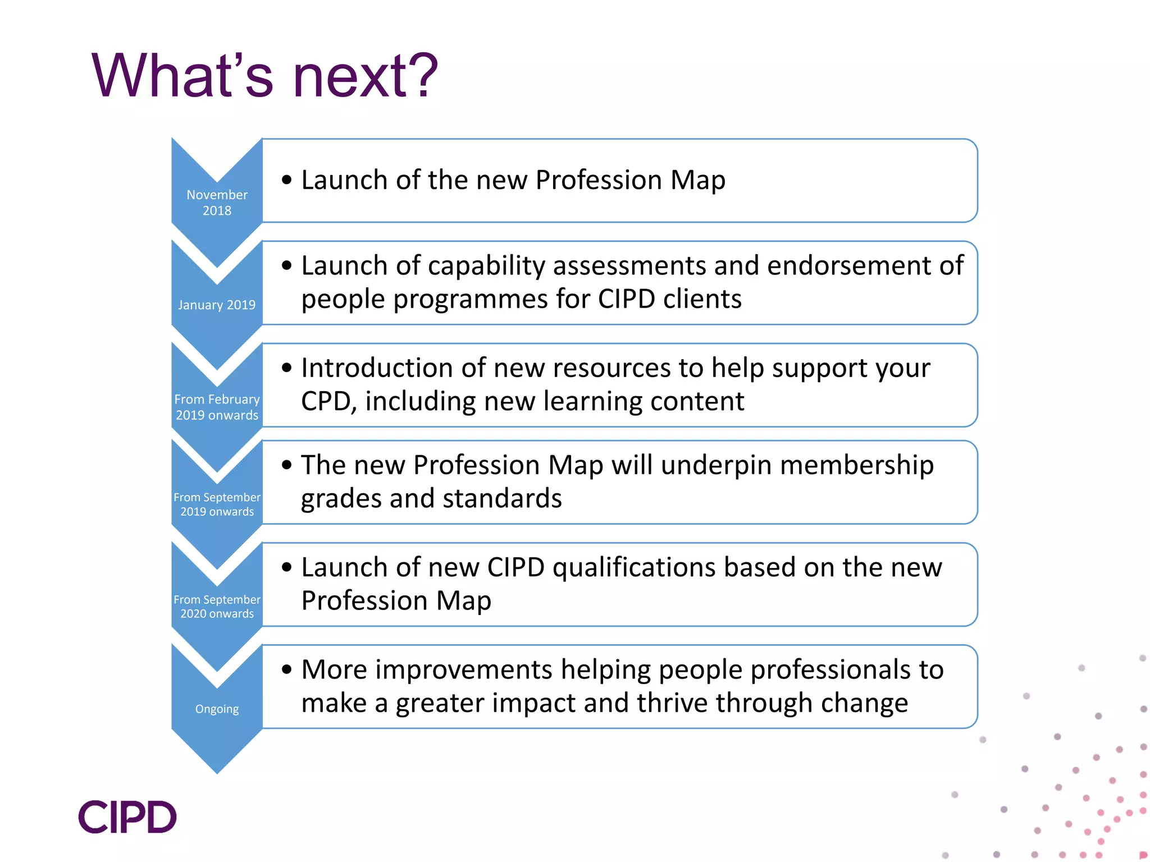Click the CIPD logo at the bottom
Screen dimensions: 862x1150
pos(127,817)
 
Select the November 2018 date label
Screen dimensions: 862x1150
pos(217,203)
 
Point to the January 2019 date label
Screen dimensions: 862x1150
pos(217,305)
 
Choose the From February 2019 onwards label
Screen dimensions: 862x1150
pos(217,407)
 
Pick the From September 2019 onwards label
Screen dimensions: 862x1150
pos(217,504)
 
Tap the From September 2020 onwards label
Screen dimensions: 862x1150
pos(217,606)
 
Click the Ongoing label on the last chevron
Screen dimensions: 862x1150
pos(217,709)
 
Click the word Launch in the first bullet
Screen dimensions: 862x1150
pos(344,180)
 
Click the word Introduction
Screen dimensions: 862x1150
pos(377,368)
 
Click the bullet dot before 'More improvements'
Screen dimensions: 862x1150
pos(287,670)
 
